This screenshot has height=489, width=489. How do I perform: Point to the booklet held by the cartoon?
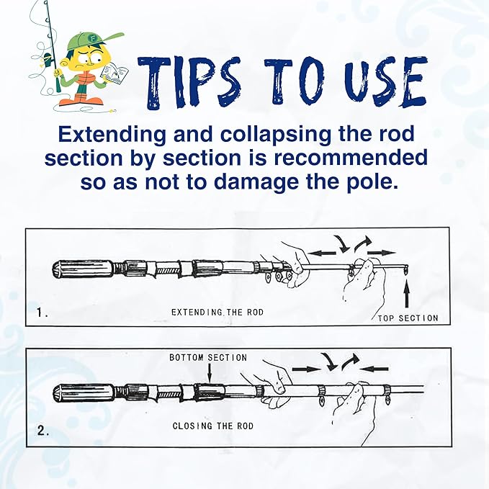click(x=112, y=73)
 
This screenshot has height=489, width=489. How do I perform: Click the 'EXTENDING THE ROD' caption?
click(x=217, y=313)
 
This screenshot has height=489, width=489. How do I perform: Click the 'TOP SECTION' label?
click(x=408, y=318)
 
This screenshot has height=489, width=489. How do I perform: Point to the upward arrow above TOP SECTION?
click(x=407, y=295)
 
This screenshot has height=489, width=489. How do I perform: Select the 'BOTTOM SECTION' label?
click(x=208, y=358)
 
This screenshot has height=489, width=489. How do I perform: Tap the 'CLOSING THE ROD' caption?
click(x=212, y=426)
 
